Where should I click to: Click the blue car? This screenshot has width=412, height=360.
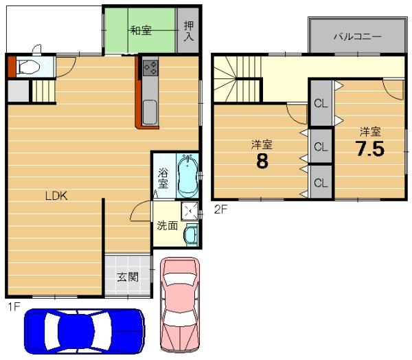pyautogui.click(x=84, y=331)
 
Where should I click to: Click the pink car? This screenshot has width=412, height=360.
pyautogui.click(x=180, y=304)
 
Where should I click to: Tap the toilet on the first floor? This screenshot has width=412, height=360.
pyautogui.click(x=27, y=67)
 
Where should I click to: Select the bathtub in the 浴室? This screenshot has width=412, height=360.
pyautogui.click(x=187, y=175)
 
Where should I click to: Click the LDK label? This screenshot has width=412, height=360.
pyautogui.click(x=56, y=196)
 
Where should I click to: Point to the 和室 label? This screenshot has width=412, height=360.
pyautogui.click(x=141, y=30)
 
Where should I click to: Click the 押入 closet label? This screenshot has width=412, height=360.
pyautogui.click(x=189, y=31)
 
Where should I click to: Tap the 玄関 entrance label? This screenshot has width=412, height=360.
pyautogui.click(x=128, y=277)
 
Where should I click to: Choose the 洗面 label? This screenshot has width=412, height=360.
pyautogui.click(x=168, y=225)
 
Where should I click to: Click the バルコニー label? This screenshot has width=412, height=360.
pyautogui.click(x=357, y=36)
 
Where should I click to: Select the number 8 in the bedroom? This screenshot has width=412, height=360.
pyautogui.click(x=262, y=161)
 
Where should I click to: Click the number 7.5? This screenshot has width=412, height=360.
pyautogui.click(x=370, y=148)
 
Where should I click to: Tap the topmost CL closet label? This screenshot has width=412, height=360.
pyautogui.click(x=321, y=103)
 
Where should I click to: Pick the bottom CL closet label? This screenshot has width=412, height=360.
pyautogui.click(x=321, y=183)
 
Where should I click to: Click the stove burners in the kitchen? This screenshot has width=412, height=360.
pyautogui.click(x=150, y=68)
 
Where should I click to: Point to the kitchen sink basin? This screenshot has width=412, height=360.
pyautogui.click(x=150, y=112)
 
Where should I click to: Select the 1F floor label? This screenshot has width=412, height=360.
pyautogui.click(x=14, y=306)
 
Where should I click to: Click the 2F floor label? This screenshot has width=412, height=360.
pyautogui.click(x=220, y=210)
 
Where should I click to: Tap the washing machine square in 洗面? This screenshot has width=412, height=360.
pyautogui.click(x=190, y=211)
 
